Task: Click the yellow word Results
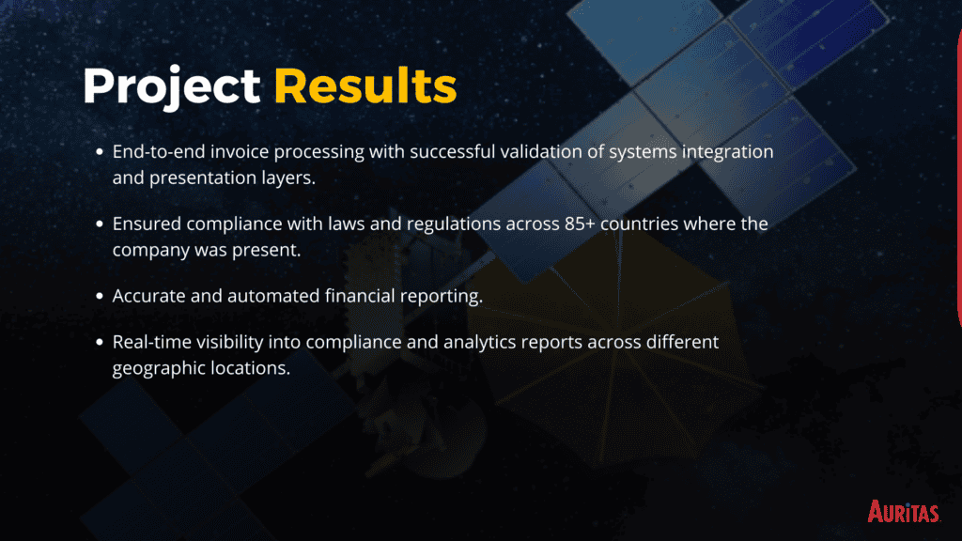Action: [x=365, y=85]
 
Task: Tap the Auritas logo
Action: [x=903, y=511]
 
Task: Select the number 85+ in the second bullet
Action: [x=580, y=224]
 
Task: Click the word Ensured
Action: [x=147, y=224]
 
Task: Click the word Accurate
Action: [x=148, y=296]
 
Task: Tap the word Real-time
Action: [x=151, y=342]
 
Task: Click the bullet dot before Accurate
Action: [x=100, y=296]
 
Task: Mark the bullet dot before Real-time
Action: [x=100, y=342]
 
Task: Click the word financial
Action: [x=360, y=296]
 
